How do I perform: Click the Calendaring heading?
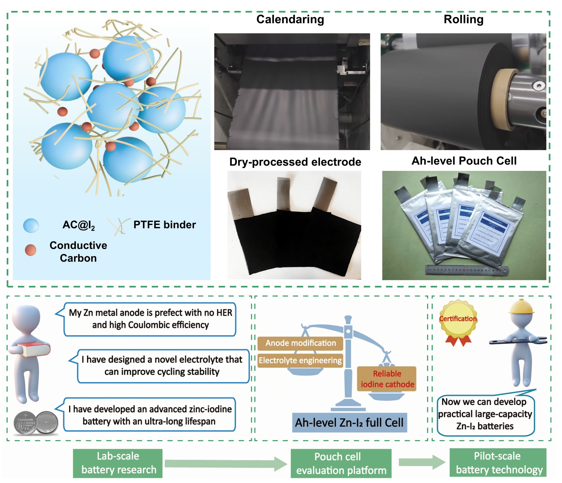(290, 19)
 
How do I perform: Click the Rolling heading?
(463, 19)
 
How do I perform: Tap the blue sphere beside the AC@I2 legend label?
(31, 225)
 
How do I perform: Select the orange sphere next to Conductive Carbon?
(30, 250)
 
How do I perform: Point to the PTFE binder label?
(164, 225)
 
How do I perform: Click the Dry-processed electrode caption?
(295, 162)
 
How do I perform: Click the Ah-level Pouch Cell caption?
(464, 161)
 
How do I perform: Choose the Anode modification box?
(300, 343)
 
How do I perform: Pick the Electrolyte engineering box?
(300, 360)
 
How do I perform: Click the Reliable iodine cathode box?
(387, 379)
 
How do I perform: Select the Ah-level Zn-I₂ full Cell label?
(349, 423)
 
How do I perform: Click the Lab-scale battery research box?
(118, 463)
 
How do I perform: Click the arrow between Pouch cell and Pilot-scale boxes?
(421, 463)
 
